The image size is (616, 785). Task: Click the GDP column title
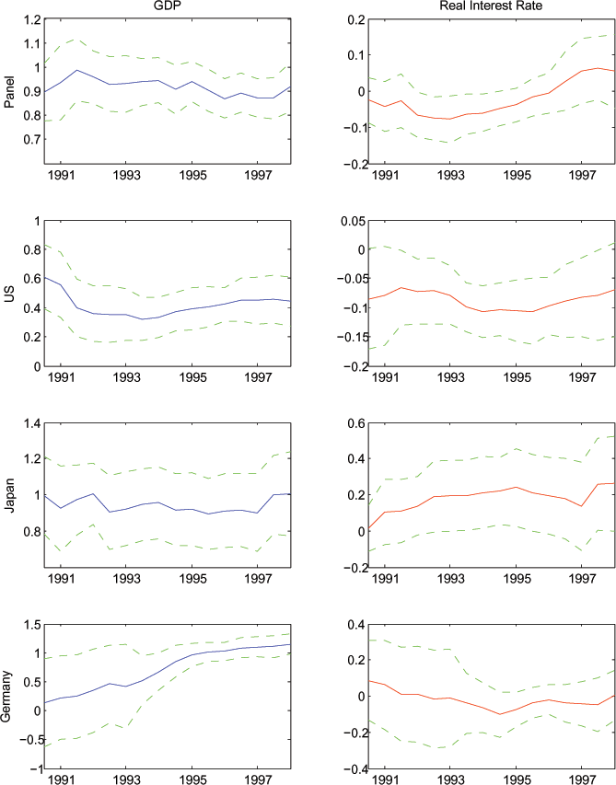(x=167, y=6)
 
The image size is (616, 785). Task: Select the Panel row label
(x=10, y=92)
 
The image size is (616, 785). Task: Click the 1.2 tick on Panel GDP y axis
(x=32, y=19)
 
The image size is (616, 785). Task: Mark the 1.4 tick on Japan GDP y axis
(x=32, y=422)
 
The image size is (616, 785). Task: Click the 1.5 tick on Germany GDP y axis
(x=32, y=624)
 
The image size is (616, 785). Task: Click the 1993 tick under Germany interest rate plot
(x=451, y=779)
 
